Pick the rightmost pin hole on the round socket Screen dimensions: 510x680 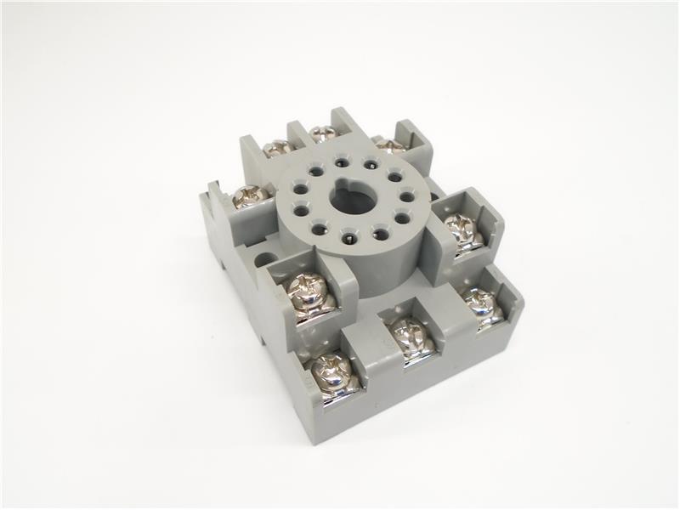[x=406, y=197]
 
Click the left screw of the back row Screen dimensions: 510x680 [x=276, y=148]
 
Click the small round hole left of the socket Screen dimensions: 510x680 [x=265, y=259]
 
